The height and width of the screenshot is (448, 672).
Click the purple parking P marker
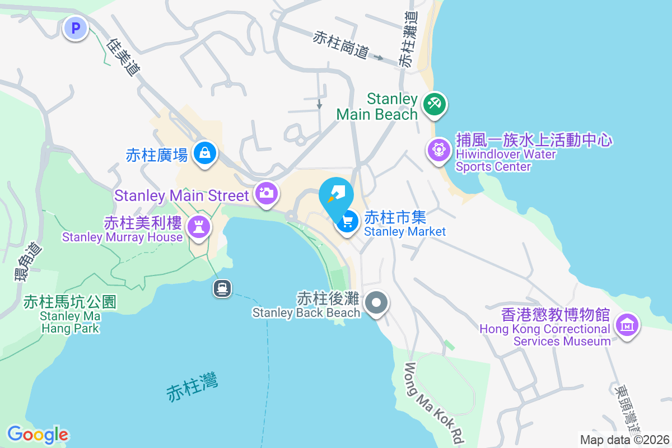tap(75, 27)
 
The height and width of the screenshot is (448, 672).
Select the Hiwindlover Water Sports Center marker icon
tap(439, 150)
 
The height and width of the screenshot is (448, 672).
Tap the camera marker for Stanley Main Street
tap(266, 194)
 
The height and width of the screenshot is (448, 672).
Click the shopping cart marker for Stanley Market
tap(347, 222)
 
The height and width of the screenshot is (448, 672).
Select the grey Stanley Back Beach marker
tap(376, 304)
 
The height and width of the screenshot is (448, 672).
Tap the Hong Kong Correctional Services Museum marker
tap(627, 325)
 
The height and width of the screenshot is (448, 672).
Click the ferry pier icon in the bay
tap(222, 288)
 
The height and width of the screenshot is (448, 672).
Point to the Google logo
tap(38, 435)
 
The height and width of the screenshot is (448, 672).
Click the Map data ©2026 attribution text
tap(624, 440)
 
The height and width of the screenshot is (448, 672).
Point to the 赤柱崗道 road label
tap(341, 45)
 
